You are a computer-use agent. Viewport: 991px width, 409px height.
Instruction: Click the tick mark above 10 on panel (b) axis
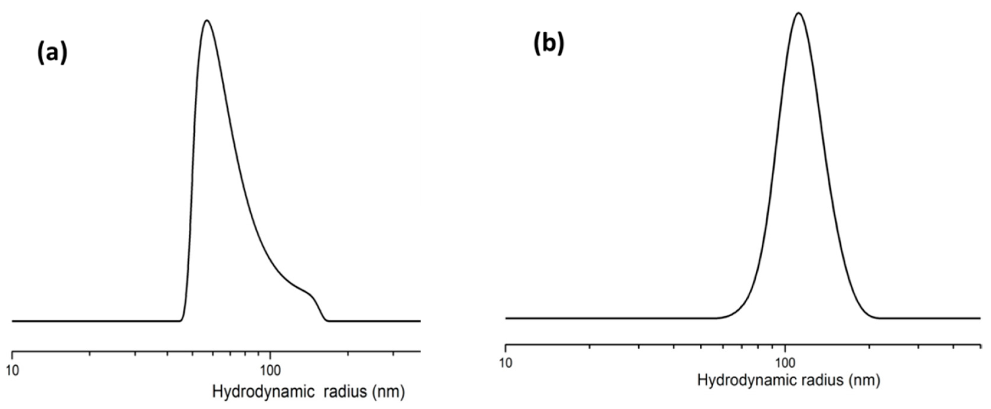[x=505, y=347]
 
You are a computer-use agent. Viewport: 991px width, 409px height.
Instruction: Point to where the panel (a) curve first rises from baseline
[x=182, y=319]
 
